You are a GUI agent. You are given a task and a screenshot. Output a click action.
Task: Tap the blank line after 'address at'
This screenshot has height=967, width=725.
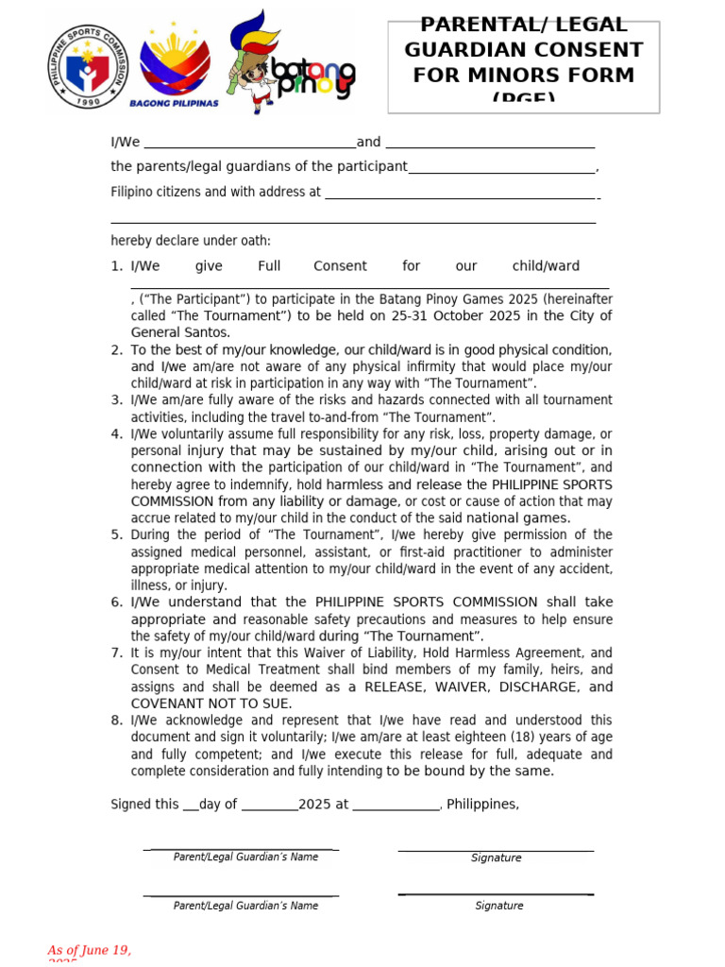click(x=460, y=195)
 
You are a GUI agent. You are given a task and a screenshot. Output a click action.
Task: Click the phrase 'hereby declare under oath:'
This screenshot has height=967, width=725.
click(x=191, y=241)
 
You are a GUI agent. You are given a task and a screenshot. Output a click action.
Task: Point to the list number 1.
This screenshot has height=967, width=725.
click(x=115, y=266)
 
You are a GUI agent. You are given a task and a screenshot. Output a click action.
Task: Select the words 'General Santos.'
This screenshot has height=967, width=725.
click(x=180, y=332)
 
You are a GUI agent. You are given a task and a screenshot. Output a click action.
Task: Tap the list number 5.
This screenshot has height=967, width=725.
click(x=116, y=534)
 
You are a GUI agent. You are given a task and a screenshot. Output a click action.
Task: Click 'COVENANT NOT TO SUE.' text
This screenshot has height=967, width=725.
click(x=211, y=704)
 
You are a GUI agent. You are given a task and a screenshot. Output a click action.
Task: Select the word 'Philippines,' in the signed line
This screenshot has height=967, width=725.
click(x=482, y=805)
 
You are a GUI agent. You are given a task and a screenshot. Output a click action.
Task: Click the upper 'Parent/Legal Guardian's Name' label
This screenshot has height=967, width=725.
click(x=245, y=857)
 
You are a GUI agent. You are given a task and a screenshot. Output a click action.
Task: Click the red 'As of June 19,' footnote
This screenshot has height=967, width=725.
click(x=90, y=950)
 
